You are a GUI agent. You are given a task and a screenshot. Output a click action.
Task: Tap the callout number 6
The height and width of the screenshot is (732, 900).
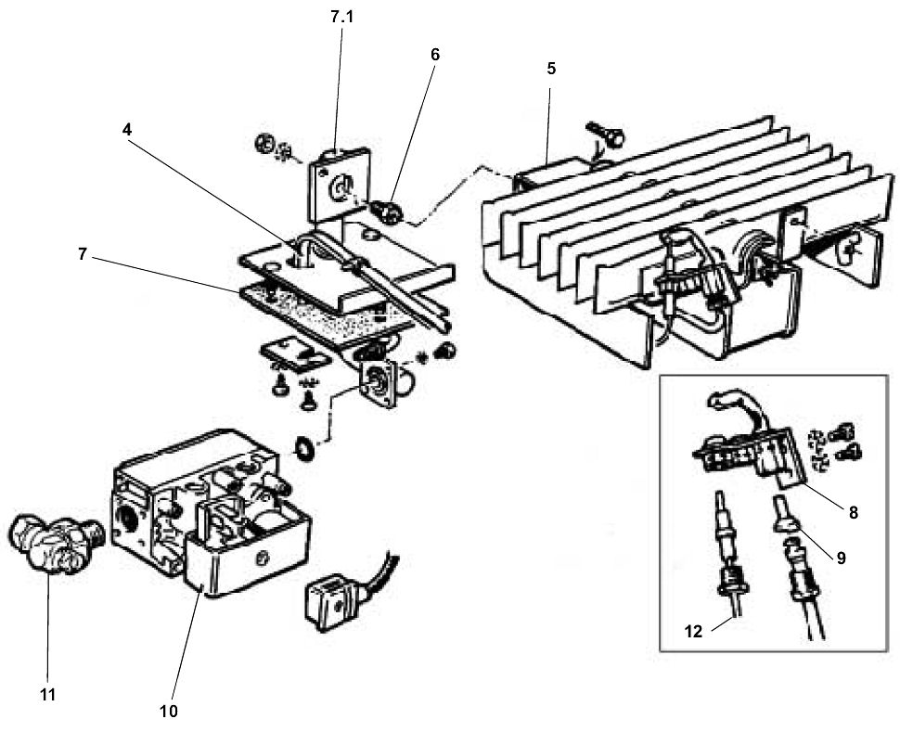434,54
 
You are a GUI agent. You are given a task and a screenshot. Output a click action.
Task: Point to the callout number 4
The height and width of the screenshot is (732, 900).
127,130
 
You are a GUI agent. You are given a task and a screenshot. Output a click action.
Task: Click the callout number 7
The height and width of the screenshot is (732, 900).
83,254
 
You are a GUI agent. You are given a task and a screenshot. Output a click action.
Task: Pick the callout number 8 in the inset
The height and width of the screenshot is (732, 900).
853,511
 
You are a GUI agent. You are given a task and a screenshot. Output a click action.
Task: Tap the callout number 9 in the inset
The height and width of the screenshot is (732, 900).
840,558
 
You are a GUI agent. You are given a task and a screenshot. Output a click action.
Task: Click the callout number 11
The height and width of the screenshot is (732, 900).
47,693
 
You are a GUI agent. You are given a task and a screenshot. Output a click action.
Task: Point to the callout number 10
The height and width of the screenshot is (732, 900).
169,711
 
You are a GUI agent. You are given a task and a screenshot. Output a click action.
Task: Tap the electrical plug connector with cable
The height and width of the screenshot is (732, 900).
334,589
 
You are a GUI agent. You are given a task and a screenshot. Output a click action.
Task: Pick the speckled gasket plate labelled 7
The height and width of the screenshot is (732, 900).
325,311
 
